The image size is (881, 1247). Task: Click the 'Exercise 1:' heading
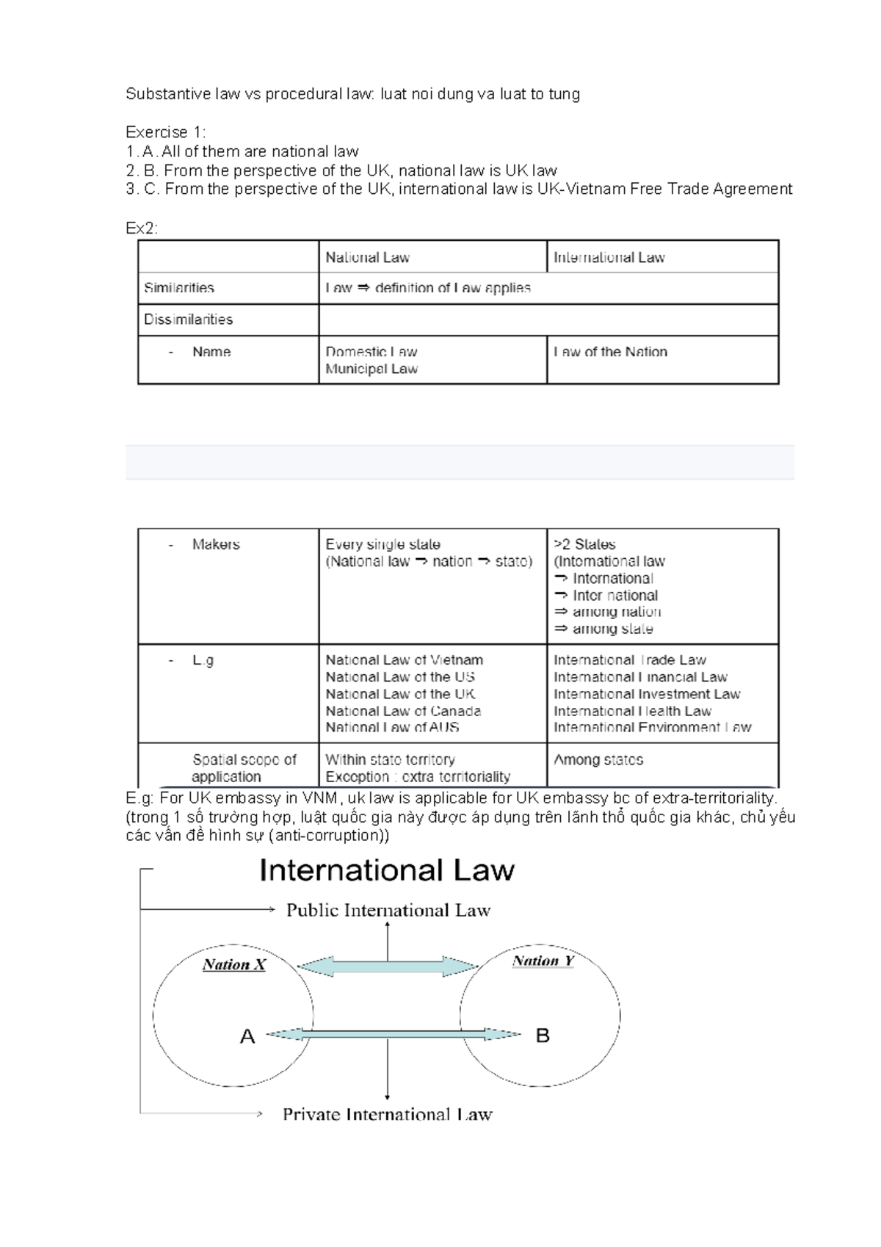click(x=166, y=132)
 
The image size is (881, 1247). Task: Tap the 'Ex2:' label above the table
click(x=142, y=228)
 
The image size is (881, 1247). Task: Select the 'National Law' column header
click(x=367, y=258)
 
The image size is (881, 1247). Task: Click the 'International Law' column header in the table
click(x=609, y=258)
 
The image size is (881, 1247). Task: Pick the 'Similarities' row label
click(x=179, y=288)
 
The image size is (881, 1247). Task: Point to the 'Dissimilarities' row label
click(x=188, y=319)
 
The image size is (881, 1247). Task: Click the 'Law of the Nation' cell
click(x=610, y=352)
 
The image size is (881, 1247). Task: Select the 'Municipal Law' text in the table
click(x=371, y=369)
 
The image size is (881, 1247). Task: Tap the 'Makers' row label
click(x=216, y=544)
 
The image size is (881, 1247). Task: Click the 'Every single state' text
click(x=383, y=544)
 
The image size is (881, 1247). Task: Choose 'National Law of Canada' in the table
click(x=403, y=711)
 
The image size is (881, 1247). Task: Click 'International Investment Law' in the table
click(x=647, y=694)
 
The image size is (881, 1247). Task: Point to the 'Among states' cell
click(x=598, y=760)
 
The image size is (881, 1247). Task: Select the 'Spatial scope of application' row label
click(x=243, y=768)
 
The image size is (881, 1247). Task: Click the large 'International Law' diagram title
click(x=387, y=871)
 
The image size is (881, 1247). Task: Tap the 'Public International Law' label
click(x=388, y=911)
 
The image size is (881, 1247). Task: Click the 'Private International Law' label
click(x=387, y=1115)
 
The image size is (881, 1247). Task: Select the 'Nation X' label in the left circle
click(x=234, y=965)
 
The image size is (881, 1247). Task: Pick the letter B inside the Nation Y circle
click(x=543, y=1035)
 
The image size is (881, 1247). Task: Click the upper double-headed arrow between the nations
click(x=388, y=966)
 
